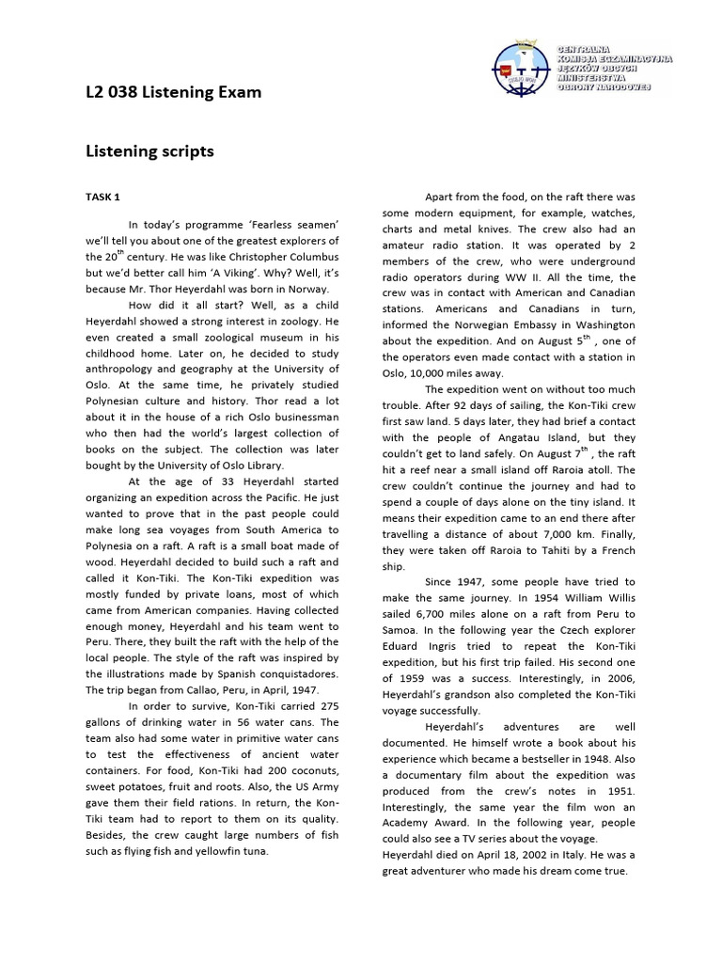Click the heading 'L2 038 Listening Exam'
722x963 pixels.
(174, 92)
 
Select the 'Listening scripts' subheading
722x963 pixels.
(149, 151)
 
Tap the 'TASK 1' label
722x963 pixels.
(103, 197)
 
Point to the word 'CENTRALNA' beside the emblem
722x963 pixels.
(585, 48)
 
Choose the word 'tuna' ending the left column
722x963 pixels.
(255, 851)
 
